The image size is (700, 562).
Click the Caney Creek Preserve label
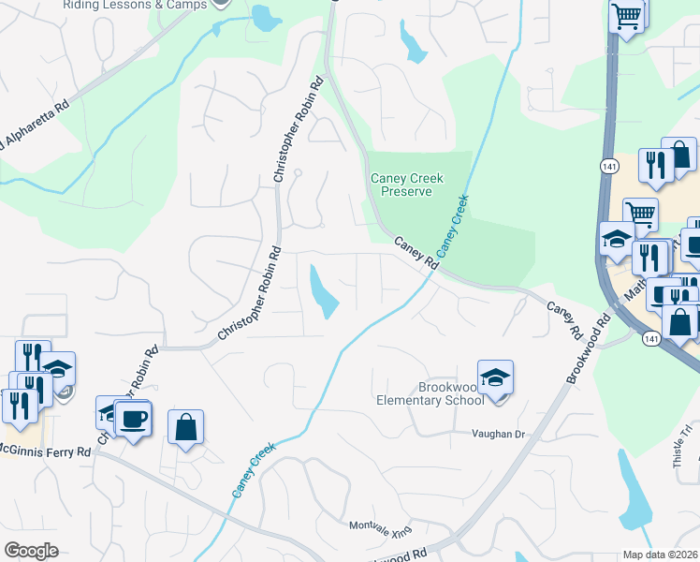point(406,185)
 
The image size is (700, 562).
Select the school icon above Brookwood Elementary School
point(495,377)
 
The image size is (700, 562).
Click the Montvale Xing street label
point(381,528)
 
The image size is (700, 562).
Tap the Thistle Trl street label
point(679,446)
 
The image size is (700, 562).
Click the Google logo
point(32,551)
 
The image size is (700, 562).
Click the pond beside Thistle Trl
point(635,492)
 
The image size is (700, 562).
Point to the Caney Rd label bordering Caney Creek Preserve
point(417,253)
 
